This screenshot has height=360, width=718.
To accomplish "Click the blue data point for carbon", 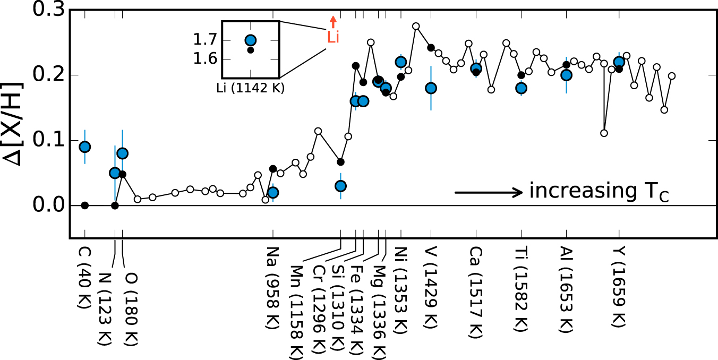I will (x=84, y=147).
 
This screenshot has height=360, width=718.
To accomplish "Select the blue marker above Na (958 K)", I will (x=273, y=192).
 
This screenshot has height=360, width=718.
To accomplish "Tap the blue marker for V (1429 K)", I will (x=431, y=88).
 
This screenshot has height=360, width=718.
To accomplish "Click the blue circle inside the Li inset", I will (x=251, y=40).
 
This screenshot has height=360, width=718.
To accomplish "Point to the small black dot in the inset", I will (x=251, y=50).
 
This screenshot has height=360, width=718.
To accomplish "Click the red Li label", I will (x=333, y=37).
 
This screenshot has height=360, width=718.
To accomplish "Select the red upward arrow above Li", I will (x=333, y=22).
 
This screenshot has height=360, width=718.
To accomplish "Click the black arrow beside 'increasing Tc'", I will (x=489, y=192).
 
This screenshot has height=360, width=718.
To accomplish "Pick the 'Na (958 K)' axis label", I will (x=273, y=287).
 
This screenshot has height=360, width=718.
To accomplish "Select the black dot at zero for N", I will (x=115, y=205).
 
